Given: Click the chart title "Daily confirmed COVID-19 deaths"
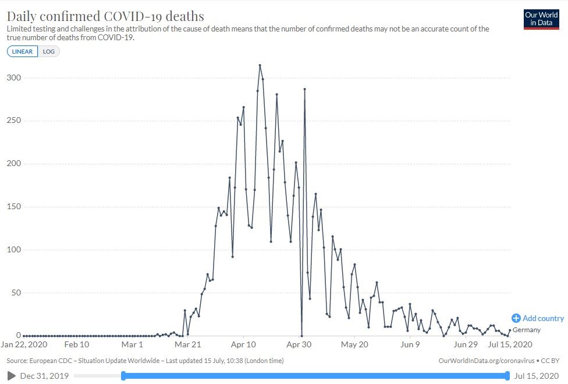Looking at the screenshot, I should point(105,15).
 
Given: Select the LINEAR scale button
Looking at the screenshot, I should point(23,51).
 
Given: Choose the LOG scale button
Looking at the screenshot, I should point(49,51).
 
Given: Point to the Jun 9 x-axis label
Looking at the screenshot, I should point(410,344).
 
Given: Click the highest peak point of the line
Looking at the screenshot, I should point(260,65).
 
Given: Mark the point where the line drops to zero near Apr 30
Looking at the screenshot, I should point(301,336).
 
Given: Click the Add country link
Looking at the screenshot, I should point(538,318).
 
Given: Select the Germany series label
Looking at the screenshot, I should point(527,330).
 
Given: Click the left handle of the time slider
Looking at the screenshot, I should point(123,376).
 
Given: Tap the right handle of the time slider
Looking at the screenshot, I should point(508,376).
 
